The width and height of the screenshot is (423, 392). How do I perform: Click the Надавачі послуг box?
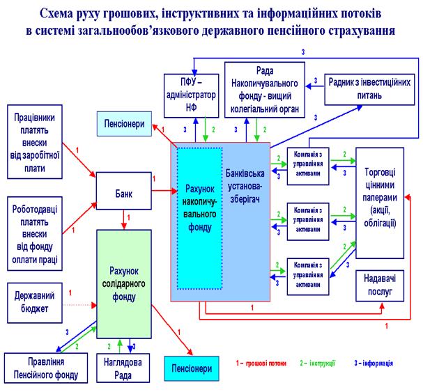click(x=380, y=285)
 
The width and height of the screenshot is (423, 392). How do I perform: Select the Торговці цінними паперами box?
click(x=380, y=202)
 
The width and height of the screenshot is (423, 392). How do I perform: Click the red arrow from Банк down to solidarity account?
click(x=124, y=218)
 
